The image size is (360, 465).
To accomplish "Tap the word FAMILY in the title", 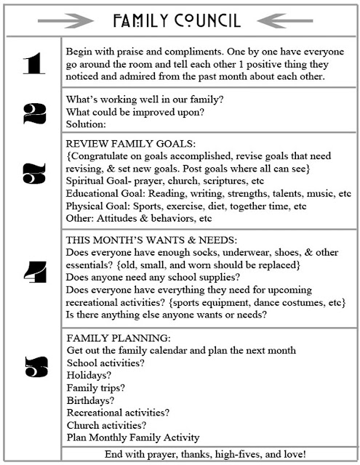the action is tap(142, 19).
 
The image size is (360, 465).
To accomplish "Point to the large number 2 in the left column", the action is tap(33, 113).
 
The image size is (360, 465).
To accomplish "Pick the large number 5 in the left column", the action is tap(33, 368).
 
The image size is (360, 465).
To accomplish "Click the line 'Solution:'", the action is tap(86, 124).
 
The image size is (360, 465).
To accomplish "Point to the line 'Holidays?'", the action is tap(89, 375).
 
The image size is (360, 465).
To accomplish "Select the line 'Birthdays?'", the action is tap(90, 400).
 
